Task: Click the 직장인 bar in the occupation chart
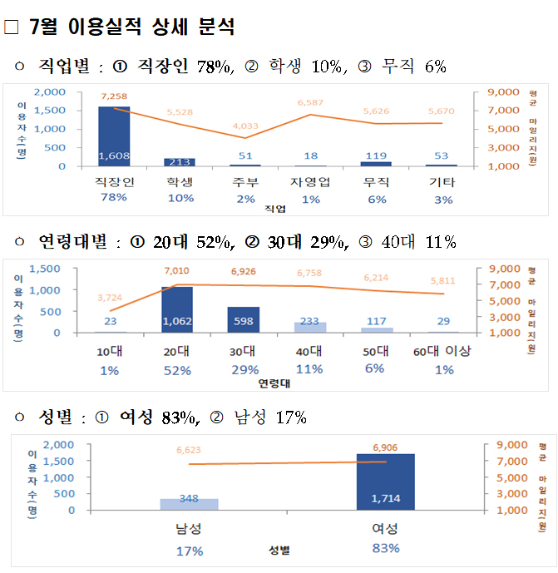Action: coord(114,136)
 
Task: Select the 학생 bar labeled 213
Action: coord(180,161)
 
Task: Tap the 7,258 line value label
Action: coord(114,96)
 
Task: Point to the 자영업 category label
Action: coord(310,182)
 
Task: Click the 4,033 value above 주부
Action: coord(244,126)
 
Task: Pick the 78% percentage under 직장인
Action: coord(113,198)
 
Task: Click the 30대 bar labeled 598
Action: coord(243,319)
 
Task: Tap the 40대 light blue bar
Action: coord(309,327)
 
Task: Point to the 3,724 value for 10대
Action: coord(111,297)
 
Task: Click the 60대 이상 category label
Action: coord(442,352)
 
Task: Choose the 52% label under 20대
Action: coord(176,369)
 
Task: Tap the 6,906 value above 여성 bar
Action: coord(385,447)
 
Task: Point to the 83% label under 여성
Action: coord(385,548)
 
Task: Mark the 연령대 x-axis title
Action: coord(274,383)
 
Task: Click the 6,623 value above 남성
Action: coord(189,450)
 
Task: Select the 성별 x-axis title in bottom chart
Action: coord(279,550)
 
